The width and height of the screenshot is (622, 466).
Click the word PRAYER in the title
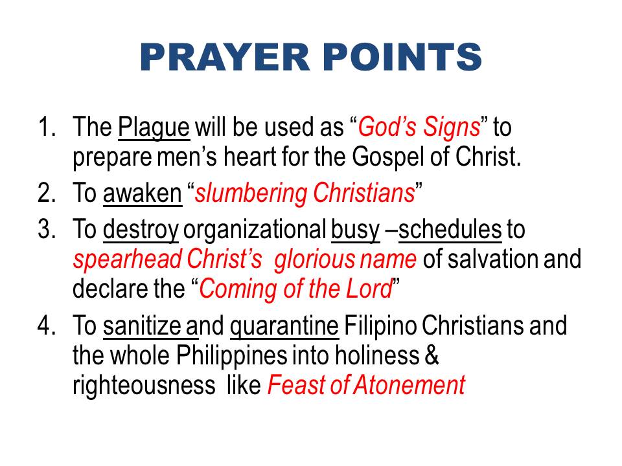pos(225,57)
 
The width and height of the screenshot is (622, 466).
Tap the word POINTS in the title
pos(402,57)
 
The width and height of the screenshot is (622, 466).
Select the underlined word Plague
pos(154,128)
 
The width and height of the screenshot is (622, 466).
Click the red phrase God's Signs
pos(419,128)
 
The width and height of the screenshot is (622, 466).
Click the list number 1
pos(47,127)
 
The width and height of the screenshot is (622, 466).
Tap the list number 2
pos(47,193)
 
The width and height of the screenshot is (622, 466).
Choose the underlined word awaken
pos(143,194)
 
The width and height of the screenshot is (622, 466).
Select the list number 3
pos(47,229)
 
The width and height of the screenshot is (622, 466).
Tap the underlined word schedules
pos(450,229)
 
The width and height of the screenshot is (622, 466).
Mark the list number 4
pos(47,326)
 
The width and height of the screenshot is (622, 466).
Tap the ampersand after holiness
pos(432,355)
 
